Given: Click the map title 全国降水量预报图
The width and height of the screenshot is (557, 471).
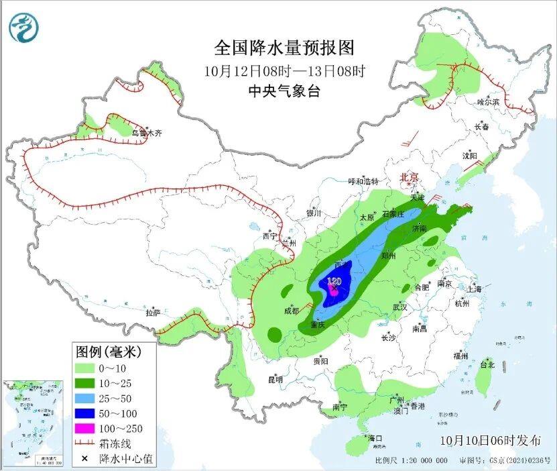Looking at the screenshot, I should click(284, 48).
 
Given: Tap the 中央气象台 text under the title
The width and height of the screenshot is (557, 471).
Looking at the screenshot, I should click(284, 93).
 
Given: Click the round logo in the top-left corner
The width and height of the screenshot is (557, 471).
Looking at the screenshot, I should click(24, 27).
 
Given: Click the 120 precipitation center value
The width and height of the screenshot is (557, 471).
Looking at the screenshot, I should click(334, 281).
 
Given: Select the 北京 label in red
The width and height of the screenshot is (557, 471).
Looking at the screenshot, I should click(409, 177).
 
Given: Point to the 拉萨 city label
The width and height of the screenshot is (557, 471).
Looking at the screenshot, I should click(153, 312).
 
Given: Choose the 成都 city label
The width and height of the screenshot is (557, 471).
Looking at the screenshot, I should click(292, 310).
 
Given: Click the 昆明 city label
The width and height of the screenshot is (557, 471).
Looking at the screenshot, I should click(275, 380).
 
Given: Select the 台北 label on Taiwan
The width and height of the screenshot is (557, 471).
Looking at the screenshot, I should click(487, 365).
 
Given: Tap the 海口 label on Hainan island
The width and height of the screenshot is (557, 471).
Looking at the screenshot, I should click(375, 438).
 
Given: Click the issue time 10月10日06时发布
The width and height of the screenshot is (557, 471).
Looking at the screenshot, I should click(491, 440).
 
